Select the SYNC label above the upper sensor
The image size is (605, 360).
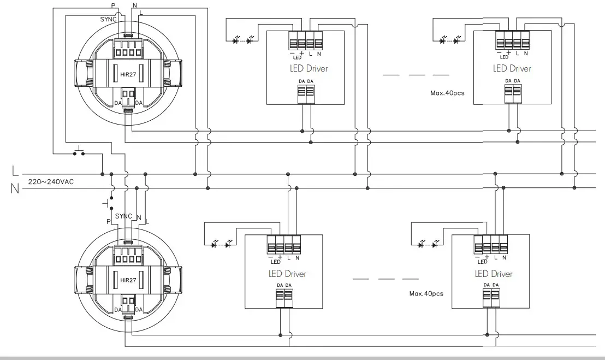tap(108, 19)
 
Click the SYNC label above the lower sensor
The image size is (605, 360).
tap(124, 216)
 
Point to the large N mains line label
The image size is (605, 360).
tap(15, 189)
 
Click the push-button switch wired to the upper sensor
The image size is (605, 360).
tap(79, 151)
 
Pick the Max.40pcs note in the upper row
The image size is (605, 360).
tap(447, 93)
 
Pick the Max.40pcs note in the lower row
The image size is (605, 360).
tap(426, 293)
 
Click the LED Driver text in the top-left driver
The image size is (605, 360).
tap(309, 69)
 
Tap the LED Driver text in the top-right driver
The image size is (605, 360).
tap(512, 69)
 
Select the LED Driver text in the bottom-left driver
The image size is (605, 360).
tap(287, 274)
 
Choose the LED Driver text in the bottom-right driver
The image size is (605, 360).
tap(494, 274)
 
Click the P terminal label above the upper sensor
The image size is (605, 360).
tap(113, 5)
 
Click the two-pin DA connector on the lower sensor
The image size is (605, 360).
tap(128, 300)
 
